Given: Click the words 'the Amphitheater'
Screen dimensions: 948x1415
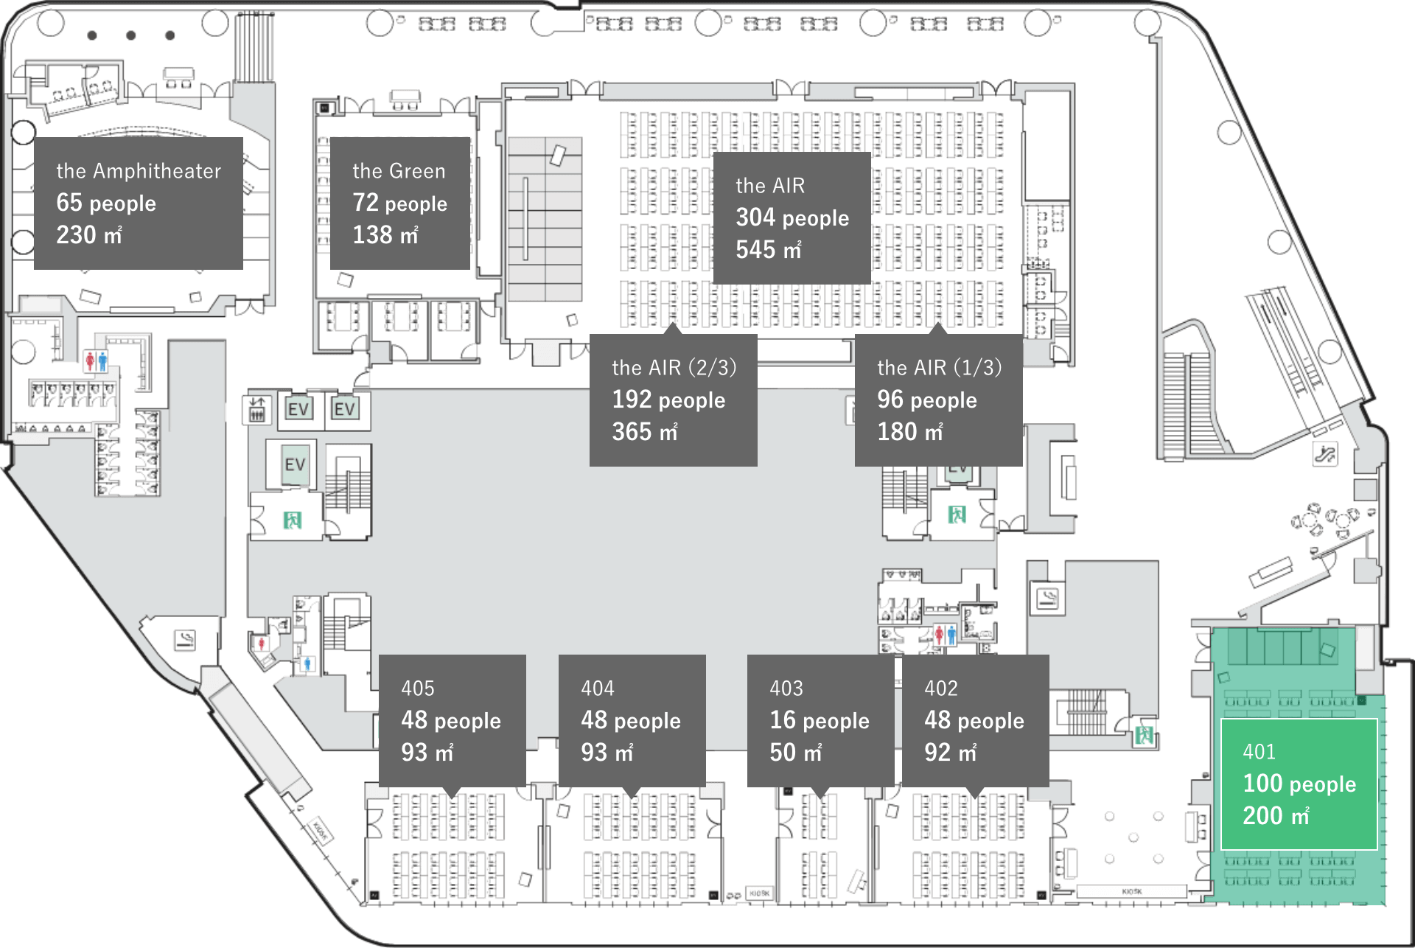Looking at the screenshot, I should [139, 171].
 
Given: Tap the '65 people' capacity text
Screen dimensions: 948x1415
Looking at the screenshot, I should [106, 203].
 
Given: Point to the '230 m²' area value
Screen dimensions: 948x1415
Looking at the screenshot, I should [89, 235].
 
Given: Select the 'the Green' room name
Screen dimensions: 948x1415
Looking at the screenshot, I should [399, 171].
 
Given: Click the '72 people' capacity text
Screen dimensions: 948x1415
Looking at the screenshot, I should [399, 203].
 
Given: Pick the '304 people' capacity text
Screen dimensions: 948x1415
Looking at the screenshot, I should [792, 217].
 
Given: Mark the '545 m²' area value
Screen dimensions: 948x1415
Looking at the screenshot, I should [769, 250].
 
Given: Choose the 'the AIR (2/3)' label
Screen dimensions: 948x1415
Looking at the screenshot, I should [674, 367].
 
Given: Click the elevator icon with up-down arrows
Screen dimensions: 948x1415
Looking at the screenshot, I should [256, 409].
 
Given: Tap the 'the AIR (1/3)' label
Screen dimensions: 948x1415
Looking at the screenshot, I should [939, 367].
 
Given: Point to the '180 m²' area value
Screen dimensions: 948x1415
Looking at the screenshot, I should [910, 432].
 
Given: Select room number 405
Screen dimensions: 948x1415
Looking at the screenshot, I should [418, 689].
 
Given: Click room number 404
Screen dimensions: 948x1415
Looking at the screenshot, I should [598, 689].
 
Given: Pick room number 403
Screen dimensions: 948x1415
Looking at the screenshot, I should [786, 689].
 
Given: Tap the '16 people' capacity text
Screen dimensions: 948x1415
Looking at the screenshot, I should [820, 720].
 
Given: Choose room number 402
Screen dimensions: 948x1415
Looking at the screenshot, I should [941, 689].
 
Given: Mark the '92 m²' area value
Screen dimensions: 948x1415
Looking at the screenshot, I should [951, 753].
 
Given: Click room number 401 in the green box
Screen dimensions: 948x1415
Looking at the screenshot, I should [1259, 752].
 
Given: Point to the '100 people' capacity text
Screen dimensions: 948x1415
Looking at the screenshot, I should [1299, 784].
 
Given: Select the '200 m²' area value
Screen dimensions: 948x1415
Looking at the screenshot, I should [1276, 816].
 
